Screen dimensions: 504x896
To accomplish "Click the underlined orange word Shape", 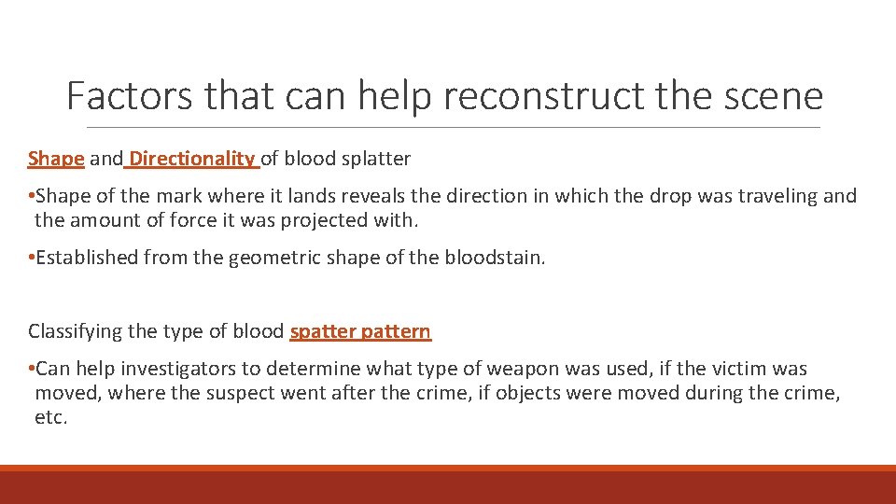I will click(x=56, y=159).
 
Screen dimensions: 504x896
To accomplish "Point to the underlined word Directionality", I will click(x=191, y=159).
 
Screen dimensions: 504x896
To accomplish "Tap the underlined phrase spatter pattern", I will click(x=360, y=331).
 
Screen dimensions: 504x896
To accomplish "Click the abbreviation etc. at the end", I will click(x=50, y=417).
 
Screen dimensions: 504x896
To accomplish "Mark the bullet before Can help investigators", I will click(x=32, y=370).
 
